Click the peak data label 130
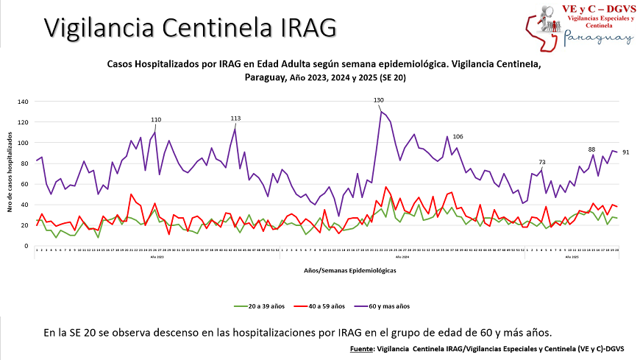click(378, 100)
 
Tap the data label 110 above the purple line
click(156, 119)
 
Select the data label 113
click(235, 118)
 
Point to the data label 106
click(458, 137)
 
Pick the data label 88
click(591, 149)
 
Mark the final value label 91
click(625, 152)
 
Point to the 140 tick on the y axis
click(23, 102)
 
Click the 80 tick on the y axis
click(24, 163)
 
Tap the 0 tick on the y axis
click(26, 246)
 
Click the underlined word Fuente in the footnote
click(362, 347)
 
